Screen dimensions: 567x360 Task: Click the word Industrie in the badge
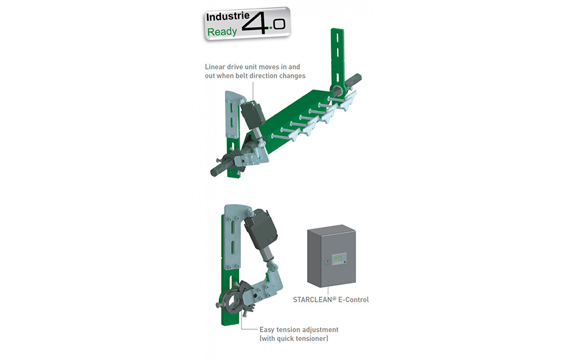tap(228, 17)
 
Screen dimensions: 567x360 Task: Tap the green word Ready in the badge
tap(222, 32)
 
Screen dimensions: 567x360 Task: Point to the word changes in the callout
tap(292, 76)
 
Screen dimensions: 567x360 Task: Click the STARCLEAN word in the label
tap(313, 300)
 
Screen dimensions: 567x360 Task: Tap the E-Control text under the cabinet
tap(353, 300)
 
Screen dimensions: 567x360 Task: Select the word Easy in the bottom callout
tap(267, 330)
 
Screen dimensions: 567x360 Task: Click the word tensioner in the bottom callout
tap(311, 338)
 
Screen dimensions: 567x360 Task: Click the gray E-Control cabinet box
tap(331, 255)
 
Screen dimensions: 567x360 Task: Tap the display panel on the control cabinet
tap(339, 259)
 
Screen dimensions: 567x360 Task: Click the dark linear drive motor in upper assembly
tap(252, 113)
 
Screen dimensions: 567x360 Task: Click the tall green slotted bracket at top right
tap(337, 60)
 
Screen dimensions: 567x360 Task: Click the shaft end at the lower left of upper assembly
tap(217, 171)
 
